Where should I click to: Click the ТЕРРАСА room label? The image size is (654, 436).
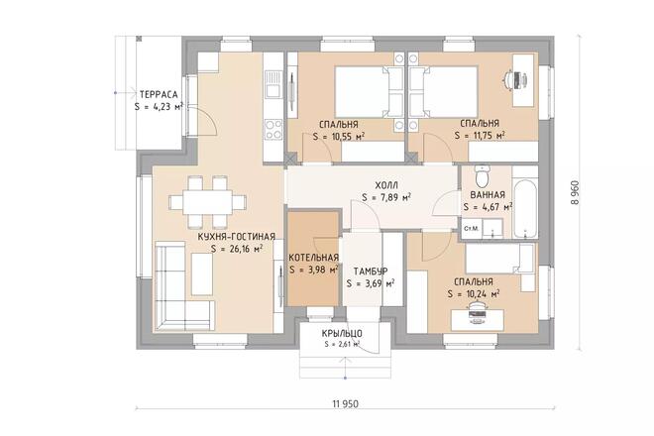[x=159, y=94]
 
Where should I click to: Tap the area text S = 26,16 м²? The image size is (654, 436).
[x=237, y=249]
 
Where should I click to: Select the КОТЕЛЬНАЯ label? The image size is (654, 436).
[x=314, y=258]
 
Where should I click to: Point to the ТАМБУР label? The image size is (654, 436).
[x=371, y=272]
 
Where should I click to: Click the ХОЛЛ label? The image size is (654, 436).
[x=386, y=185]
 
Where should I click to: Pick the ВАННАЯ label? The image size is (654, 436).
[x=488, y=195]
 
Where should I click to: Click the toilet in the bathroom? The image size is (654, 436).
[x=483, y=176]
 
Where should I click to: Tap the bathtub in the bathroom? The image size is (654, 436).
[x=525, y=209]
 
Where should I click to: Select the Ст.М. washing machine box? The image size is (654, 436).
[x=472, y=229]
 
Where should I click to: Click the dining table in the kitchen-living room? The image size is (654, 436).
[x=201, y=202]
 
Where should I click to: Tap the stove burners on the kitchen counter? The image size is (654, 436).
[x=273, y=130]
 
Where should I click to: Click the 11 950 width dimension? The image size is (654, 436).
[x=346, y=404]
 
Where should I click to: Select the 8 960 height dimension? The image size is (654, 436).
[x=575, y=192]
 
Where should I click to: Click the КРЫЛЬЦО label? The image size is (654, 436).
[x=342, y=334]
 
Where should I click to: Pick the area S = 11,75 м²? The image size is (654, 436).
[x=480, y=135]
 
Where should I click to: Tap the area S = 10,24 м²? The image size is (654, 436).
[x=474, y=293]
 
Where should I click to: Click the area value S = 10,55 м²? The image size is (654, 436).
[x=339, y=137]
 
